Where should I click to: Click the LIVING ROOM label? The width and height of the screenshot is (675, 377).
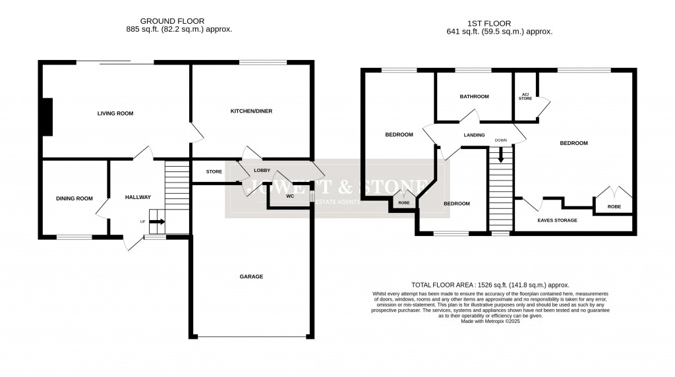(115, 113)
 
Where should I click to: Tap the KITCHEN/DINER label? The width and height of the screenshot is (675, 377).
(251, 111)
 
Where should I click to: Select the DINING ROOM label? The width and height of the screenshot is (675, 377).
(74, 198)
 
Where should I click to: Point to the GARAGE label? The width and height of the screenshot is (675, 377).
(251, 277)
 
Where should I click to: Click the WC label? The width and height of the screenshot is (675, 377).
(289, 196)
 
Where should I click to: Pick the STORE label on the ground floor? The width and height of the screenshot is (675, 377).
(214, 172)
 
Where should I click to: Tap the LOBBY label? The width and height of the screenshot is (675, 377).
(262, 170)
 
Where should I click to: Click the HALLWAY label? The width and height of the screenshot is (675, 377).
(138, 197)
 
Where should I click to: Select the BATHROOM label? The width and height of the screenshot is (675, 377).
(475, 97)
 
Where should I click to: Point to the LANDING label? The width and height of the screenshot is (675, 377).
(475, 136)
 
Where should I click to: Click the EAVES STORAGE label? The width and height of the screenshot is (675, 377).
(557, 220)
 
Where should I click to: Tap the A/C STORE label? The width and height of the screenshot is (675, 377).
(525, 97)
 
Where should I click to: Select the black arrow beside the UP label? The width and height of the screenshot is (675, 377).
(157, 222)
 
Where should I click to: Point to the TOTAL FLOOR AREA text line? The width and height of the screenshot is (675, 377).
(490, 285)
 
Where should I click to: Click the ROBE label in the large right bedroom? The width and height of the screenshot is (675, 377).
(614, 206)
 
